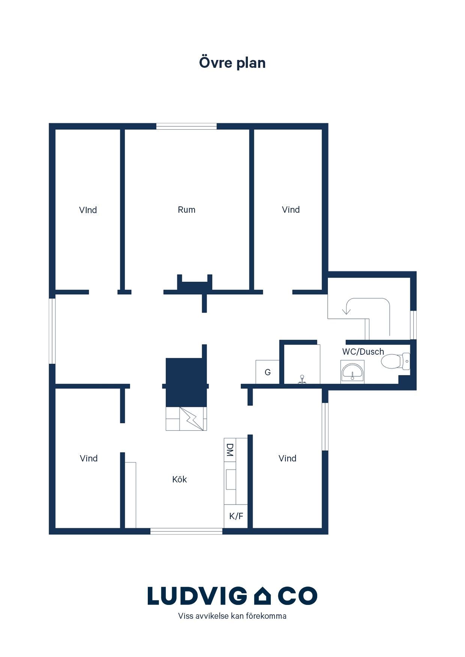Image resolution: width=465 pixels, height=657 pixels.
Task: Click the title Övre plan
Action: pyautogui.click(x=232, y=63)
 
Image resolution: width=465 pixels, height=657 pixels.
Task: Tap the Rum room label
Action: pyautogui.click(x=186, y=210)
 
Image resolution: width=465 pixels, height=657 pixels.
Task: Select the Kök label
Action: pyautogui.click(x=180, y=479)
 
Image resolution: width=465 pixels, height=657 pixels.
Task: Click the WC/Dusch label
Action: pyautogui.click(x=363, y=352)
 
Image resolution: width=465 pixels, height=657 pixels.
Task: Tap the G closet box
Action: pyautogui.click(x=267, y=372)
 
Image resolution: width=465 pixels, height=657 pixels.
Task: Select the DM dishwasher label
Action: pyautogui.click(x=230, y=450)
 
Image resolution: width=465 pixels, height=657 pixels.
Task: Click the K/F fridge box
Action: pyautogui.click(x=236, y=516)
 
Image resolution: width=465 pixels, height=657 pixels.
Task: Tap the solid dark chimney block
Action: pyautogui.click(x=186, y=382)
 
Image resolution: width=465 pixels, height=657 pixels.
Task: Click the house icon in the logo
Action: pyautogui.click(x=262, y=596)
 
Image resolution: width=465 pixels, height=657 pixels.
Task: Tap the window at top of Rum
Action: pyautogui.click(x=186, y=126)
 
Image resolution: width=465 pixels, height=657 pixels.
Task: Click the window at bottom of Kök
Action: pyautogui.click(x=186, y=531)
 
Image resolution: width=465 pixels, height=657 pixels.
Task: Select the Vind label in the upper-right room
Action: pyautogui.click(x=291, y=210)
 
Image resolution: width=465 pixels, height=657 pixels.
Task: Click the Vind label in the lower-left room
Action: pyautogui.click(x=88, y=458)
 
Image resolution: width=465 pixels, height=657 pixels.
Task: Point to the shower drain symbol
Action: pyautogui.click(x=302, y=380)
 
